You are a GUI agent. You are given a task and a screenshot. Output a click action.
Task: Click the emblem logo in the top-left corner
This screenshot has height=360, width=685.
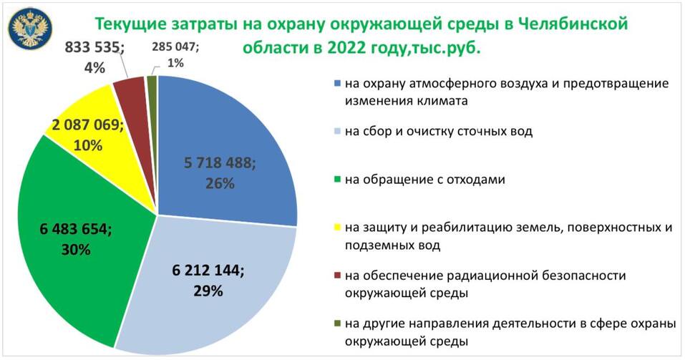(x=29, y=26)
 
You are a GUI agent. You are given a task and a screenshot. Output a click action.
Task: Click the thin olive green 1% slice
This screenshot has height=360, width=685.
(x=152, y=84)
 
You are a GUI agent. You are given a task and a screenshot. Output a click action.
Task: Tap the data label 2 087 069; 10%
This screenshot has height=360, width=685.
(x=87, y=134)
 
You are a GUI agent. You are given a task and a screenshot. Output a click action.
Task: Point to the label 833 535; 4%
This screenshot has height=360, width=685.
(x=95, y=57)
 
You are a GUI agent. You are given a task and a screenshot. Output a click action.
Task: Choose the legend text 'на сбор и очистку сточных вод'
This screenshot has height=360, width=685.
(x=438, y=132)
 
